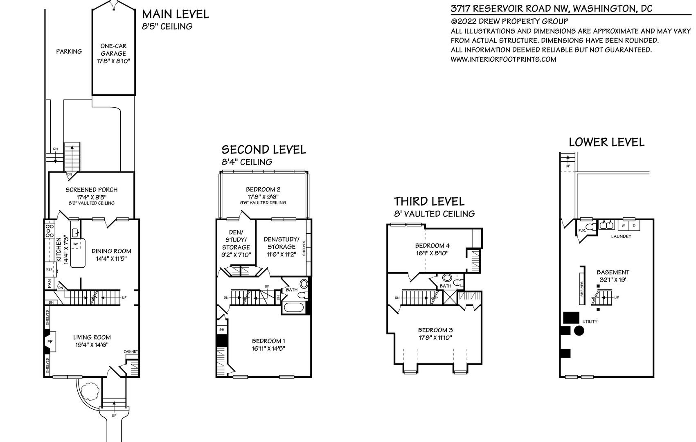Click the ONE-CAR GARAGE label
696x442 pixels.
coord(113,50)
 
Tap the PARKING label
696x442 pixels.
coord(69,52)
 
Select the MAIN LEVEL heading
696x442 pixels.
coord(175,14)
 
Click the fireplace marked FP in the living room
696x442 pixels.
coord(50,342)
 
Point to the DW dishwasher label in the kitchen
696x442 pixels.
coord(75,244)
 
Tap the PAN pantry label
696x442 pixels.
coord(50,284)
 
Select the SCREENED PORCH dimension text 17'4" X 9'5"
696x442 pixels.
coord(92,197)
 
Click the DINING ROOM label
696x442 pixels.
coord(111,251)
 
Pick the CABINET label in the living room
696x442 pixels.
coord(131,352)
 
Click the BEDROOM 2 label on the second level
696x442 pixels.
coord(263,189)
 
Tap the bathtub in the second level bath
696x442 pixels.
coord(294,308)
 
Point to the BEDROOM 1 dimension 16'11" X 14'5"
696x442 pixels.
coord(268,348)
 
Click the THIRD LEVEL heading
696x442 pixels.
coord(429,201)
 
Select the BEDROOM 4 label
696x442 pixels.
coord(432,246)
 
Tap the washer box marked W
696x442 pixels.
coord(623,226)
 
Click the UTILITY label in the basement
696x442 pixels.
coord(590,322)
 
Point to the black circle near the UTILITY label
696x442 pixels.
coord(579,330)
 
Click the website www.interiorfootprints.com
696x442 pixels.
coord(503,59)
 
